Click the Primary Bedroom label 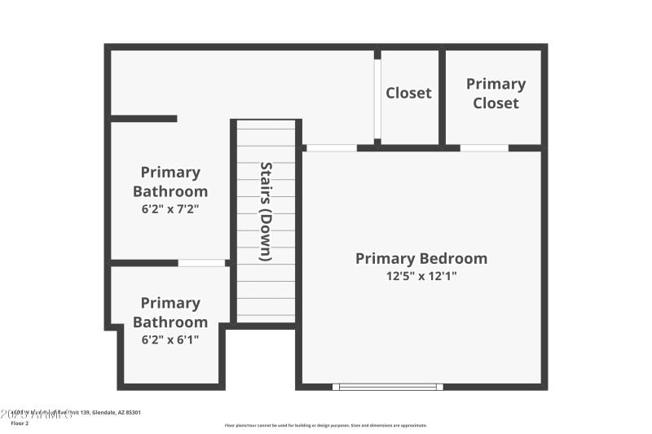click(x=421, y=259)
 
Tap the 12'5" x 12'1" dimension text click(x=421, y=276)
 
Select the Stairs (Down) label click(x=266, y=212)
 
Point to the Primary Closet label click(x=496, y=94)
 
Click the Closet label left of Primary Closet click(x=408, y=93)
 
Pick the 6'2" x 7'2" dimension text click(x=170, y=208)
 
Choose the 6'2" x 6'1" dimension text click(x=170, y=339)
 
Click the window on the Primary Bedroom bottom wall click(x=388, y=387)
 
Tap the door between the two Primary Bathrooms click(x=201, y=263)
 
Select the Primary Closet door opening click(x=484, y=148)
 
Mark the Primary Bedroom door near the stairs click(x=332, y=148)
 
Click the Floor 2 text click(x=20, y=423)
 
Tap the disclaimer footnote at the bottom click(x=325, y=425)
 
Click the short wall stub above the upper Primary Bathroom click(x=143, y=119)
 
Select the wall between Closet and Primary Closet click(x=443, y=98)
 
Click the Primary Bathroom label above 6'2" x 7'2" click(x=170, y=182)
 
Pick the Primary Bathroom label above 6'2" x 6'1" click(x=170, y=312)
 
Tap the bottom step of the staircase click(x=266, y=318)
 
